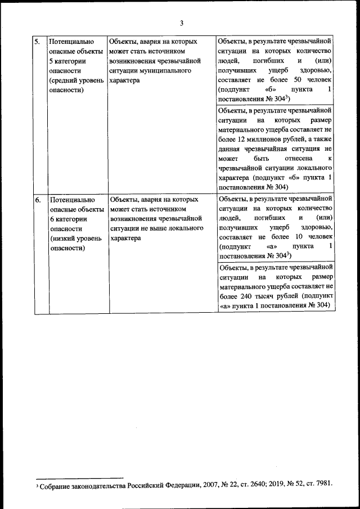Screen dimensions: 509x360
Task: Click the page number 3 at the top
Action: click(x=181, y=23)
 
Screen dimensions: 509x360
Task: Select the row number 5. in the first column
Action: click(x=37, y=42)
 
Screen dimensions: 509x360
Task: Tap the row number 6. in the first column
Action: click(x=37, y=199)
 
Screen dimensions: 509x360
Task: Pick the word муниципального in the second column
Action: click(x=165, y=71)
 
